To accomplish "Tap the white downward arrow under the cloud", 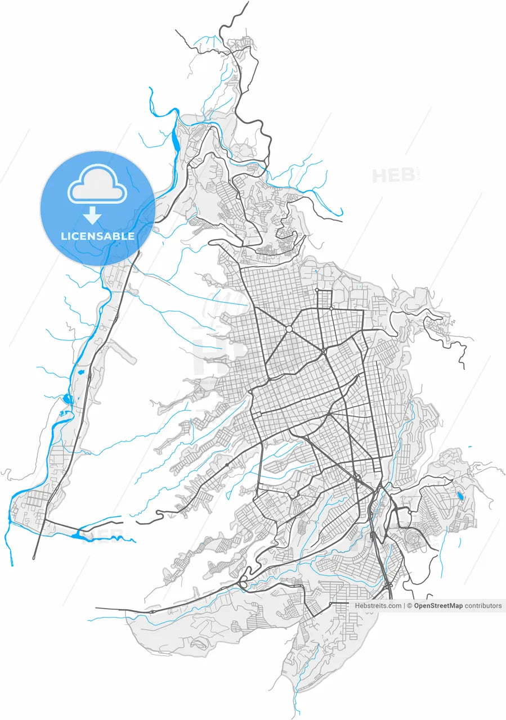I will click(92, 215).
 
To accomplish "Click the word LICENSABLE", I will click(97, 236).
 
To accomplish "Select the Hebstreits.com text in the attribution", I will click(378, 606).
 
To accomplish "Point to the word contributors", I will click(483, 606).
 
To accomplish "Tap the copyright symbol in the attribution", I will click(410, 606).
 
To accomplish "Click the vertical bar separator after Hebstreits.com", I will click(405, 606).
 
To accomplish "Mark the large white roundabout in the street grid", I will click(289, 329).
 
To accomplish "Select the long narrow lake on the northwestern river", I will click(177, 145).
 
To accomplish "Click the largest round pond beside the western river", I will click(68, 399).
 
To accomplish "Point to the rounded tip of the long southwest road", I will click(34, 557).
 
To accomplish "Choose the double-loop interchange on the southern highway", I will click(244, 583).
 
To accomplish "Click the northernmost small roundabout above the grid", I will click(317, 290).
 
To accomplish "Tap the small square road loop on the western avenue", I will click(227, 465).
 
